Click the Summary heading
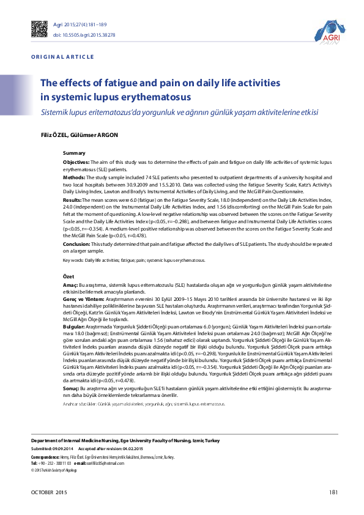(74, 152)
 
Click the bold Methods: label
(75, 177)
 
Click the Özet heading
(70, 276)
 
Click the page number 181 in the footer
(333, 492)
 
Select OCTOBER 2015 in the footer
(50, 492)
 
